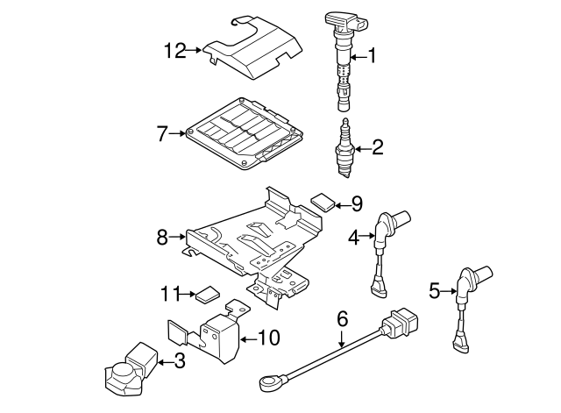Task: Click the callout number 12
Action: (x=174, y=51)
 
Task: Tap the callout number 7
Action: (x=162, y=133)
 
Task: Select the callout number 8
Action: (x=162, y=236)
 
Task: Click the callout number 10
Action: (x=270, y=337)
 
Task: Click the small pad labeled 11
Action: (x=207, y=294)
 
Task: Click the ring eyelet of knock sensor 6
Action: (x=267, y=381)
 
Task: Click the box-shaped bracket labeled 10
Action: (x=215, y=335)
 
